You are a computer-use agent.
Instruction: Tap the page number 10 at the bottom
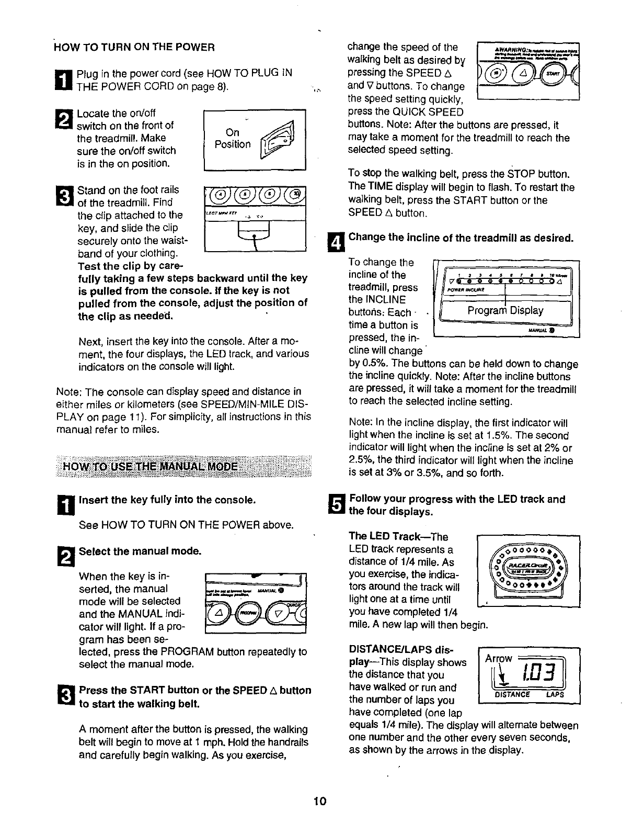coord(320,801)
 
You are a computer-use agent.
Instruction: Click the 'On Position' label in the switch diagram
coord(233,138)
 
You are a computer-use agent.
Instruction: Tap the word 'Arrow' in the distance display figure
coord(500,658)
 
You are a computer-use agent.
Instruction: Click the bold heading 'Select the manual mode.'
coord(140,551)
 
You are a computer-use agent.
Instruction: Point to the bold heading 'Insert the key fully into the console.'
coord(167,500)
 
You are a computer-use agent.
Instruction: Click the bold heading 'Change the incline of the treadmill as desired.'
coord(461,238)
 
